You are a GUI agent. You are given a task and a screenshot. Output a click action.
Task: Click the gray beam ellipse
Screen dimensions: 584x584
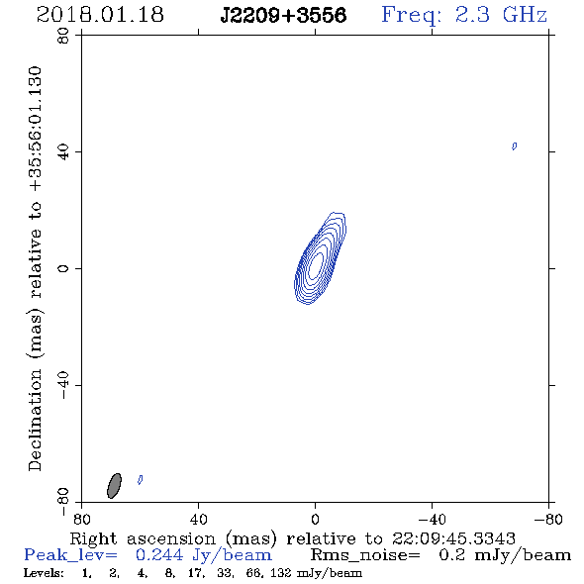coord(114,486)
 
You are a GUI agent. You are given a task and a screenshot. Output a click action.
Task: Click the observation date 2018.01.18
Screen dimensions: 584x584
coord(100,15)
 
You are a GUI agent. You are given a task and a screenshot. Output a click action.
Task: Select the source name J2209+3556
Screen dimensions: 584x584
coord(283,16)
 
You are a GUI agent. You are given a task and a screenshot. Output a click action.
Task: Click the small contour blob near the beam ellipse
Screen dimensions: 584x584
coord(140,480)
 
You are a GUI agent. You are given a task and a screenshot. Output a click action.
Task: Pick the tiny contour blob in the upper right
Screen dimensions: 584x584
coord(515,146)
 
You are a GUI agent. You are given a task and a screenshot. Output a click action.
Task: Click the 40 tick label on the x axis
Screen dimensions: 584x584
coord(198,520)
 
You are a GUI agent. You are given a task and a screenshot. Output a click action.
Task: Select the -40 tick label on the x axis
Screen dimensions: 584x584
coord(432,520)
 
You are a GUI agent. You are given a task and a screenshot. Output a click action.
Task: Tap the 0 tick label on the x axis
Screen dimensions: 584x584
coord(315,520)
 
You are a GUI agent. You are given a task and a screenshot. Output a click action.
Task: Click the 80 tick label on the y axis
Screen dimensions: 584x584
coord(63,36)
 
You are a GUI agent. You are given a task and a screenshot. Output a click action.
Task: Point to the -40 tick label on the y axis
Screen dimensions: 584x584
coord(63,385)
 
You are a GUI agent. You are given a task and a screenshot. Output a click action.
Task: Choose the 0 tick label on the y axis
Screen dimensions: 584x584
coord(63,268)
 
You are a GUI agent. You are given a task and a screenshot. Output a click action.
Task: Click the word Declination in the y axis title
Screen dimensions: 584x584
coord(35,420)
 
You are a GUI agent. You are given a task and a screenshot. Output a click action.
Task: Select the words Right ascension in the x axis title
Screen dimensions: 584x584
coord(143,538)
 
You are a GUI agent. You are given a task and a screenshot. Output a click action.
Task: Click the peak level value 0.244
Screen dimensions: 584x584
coord(159,555)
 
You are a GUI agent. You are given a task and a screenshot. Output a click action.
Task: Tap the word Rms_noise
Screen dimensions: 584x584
coord(365,555)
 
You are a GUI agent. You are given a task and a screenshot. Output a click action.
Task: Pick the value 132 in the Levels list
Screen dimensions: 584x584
coord(280,572)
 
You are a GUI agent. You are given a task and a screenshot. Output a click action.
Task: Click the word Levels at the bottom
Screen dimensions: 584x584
coord(44,572)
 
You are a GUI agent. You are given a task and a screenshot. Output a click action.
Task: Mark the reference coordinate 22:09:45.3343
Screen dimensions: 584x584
coord(453,538)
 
